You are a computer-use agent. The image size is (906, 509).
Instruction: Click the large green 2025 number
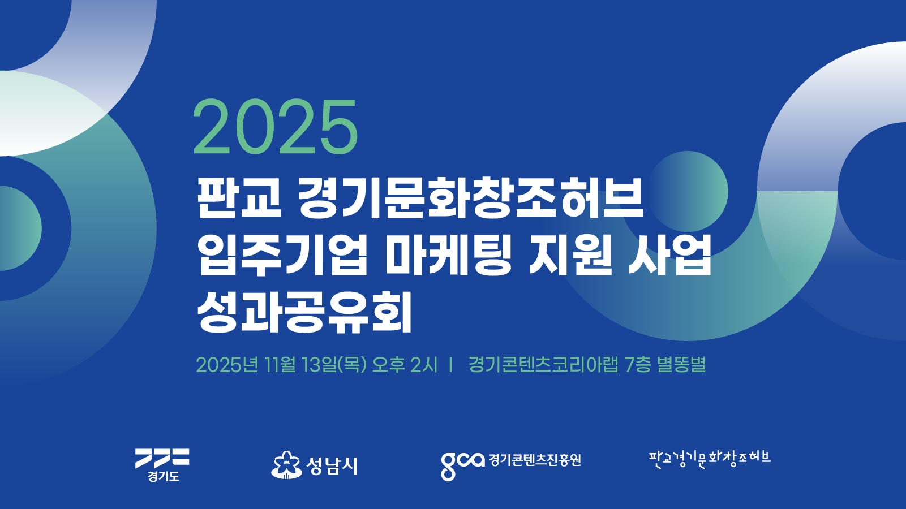276,127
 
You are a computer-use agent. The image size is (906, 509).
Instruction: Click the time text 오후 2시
405,365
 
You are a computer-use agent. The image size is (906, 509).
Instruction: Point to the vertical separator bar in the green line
450,365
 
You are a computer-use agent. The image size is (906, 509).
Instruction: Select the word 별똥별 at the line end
681,365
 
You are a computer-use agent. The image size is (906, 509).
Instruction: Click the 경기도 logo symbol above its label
162,458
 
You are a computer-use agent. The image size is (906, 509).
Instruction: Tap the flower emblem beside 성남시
286,465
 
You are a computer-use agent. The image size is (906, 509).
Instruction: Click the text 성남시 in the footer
332,465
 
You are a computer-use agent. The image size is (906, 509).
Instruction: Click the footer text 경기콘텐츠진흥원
534,460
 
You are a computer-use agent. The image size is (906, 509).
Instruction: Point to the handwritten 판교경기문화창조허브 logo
710,460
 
